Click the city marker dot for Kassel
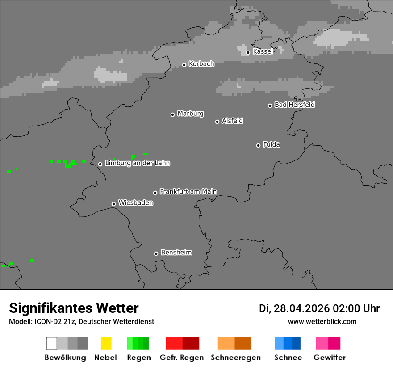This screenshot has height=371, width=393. (248, 52)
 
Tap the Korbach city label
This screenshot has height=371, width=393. (201, 64)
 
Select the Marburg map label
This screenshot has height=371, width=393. (190, 114)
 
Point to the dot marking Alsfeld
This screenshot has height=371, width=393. (217, 122)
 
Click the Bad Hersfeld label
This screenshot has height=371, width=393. (294, 105)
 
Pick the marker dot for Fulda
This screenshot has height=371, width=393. (259, 145)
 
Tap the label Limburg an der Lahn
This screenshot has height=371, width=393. (137, 163)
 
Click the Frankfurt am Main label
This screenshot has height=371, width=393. (188, 191)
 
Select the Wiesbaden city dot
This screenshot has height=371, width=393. (114, 204)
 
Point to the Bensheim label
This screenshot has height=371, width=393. (176, 253)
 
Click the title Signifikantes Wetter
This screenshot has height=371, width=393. (74, 308)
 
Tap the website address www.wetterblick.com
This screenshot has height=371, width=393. (322, 321)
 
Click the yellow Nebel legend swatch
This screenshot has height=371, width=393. (106, 343)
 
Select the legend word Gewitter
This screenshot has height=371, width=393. (330, 358)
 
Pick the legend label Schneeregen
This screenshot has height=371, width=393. (236, 358)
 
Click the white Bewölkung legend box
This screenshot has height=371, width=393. (52, 343)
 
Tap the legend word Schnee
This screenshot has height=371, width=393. (288, 358)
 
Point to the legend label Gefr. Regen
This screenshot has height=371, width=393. (182, 358)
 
